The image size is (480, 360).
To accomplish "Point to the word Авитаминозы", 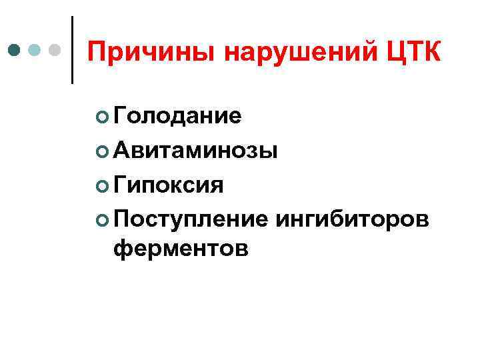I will (x=195, y=150).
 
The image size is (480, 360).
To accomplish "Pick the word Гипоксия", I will (x=168, y=184).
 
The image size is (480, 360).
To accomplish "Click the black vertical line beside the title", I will (x=72, y=50).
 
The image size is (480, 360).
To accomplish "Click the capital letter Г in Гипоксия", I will (x=120, y=183).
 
